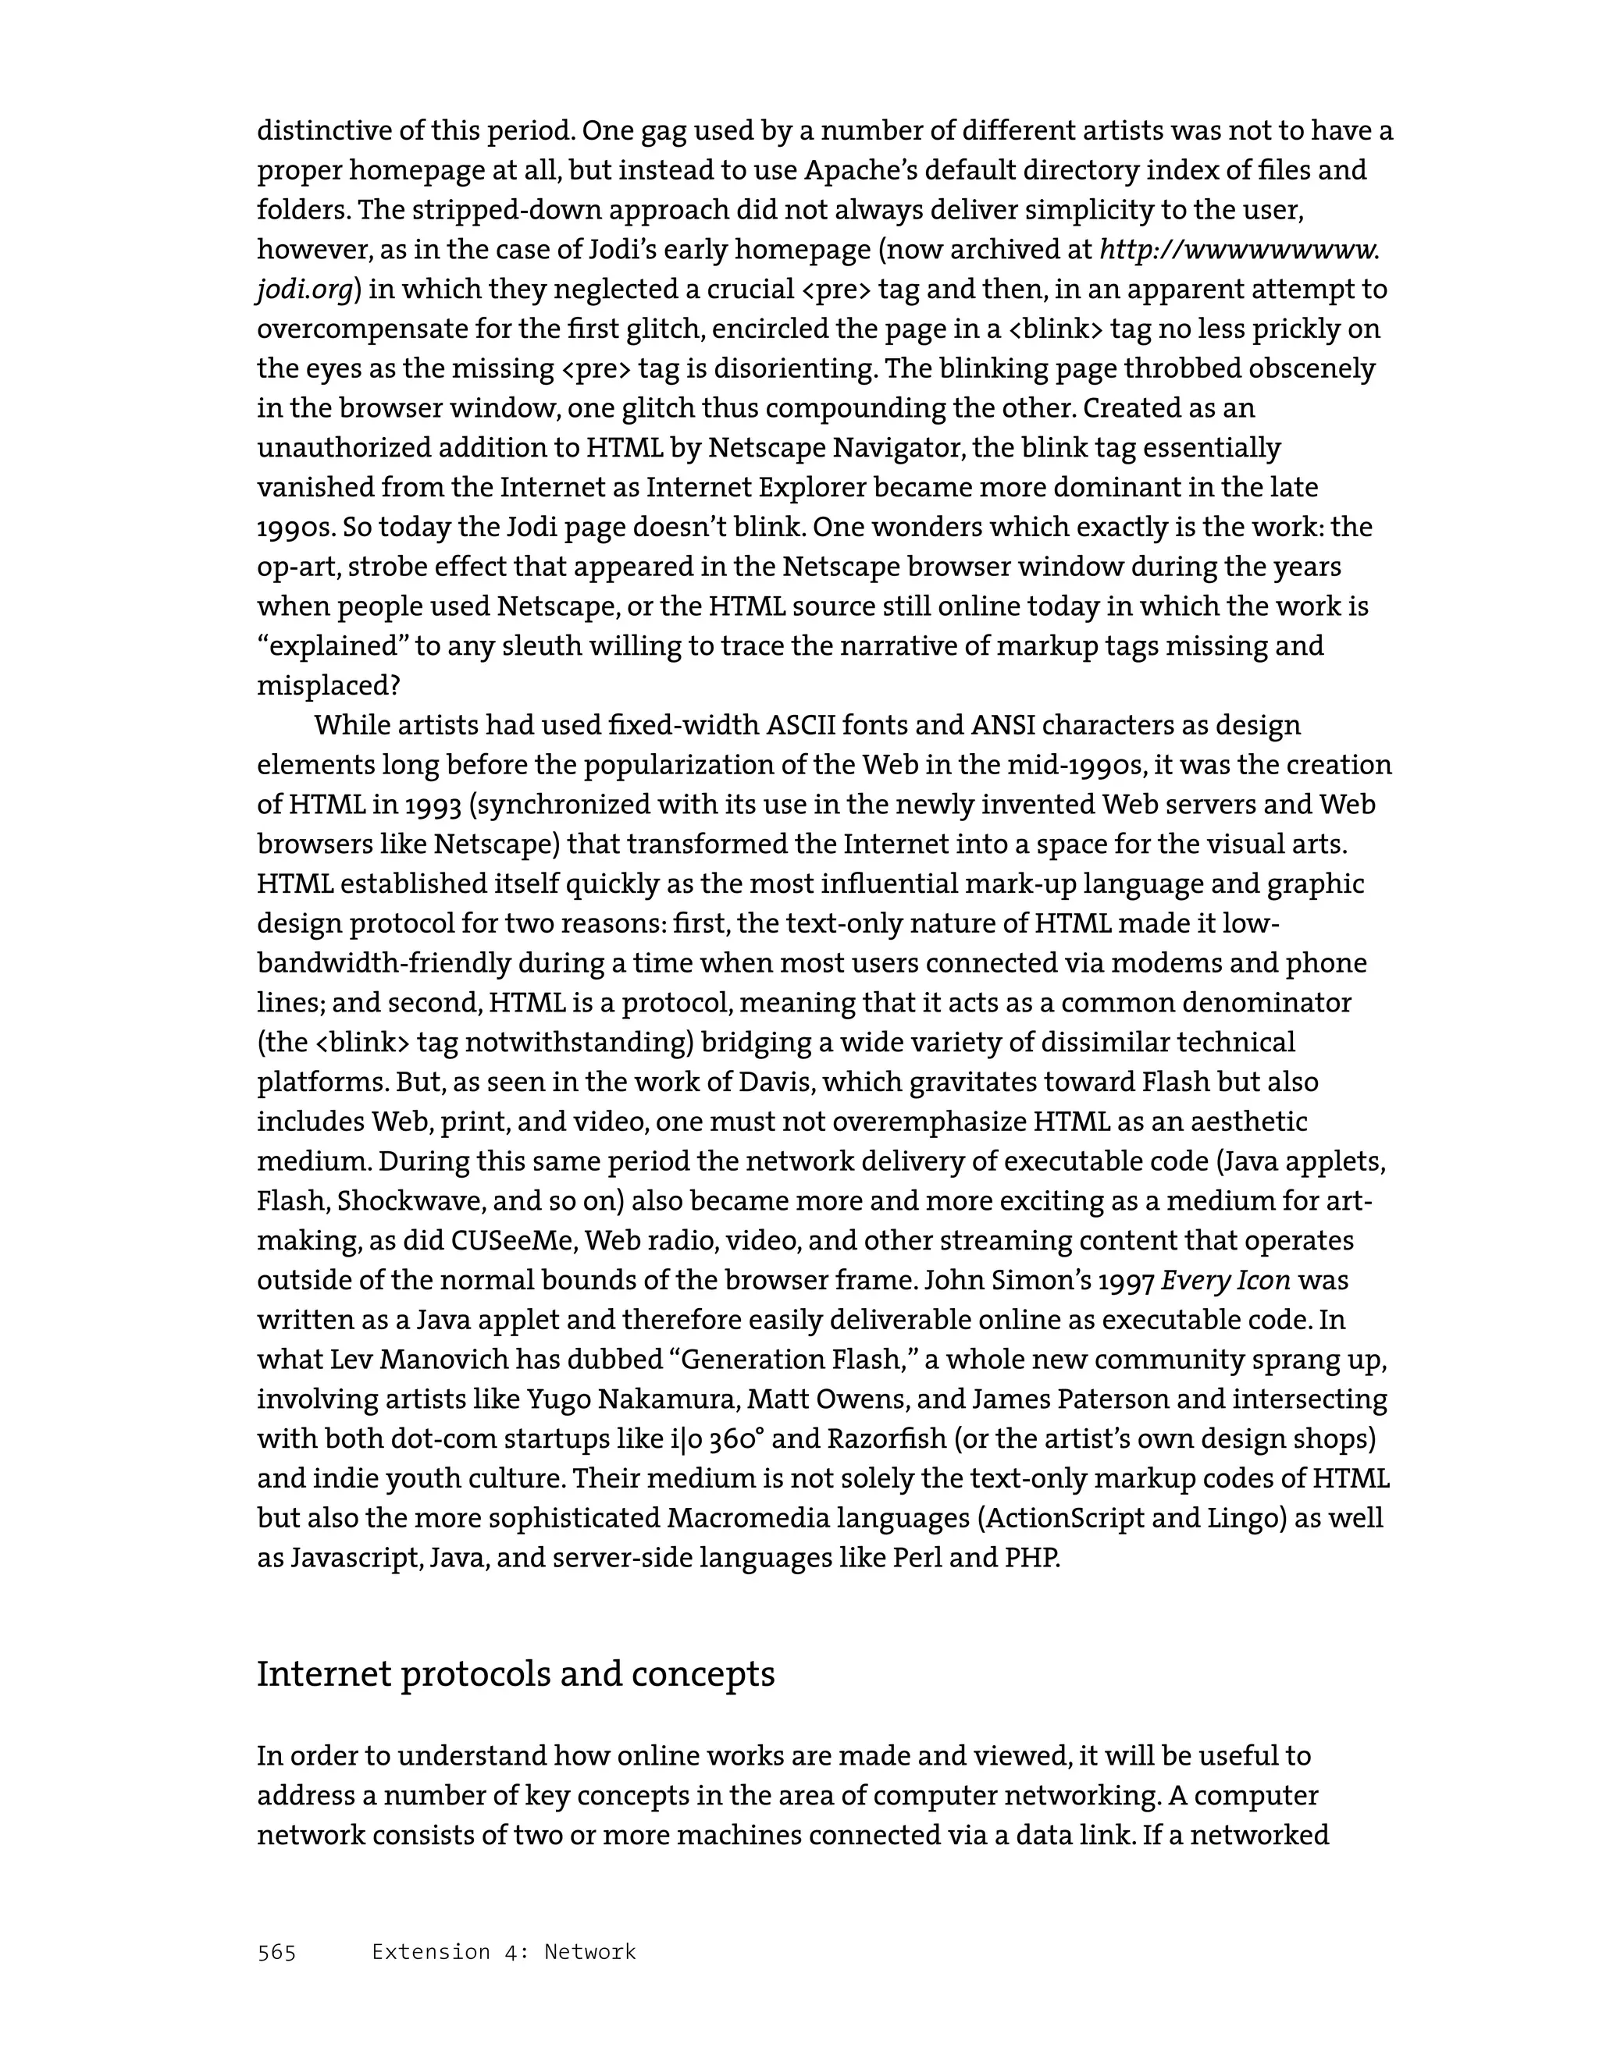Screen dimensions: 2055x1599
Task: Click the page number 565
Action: click(276, 1951)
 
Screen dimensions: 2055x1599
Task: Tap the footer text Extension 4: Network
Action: click(504, 1951)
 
